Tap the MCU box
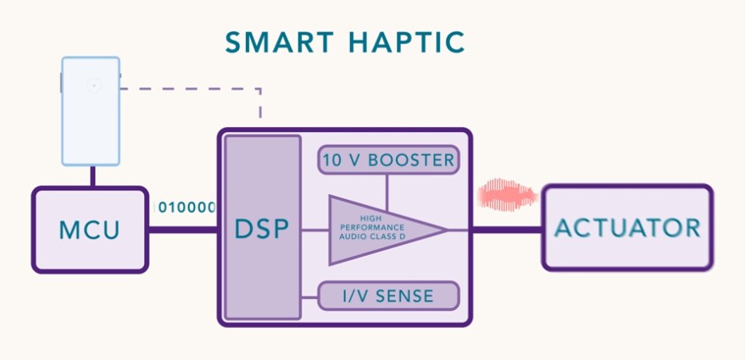89,230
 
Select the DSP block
263,228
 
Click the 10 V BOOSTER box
388,159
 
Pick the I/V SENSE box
388,296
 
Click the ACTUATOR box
627,228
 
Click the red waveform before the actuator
507,196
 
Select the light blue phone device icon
91,110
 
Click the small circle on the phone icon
93,85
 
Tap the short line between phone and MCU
92,176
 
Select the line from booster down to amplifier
387,191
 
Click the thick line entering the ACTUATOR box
507,229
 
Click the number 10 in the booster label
333,159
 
